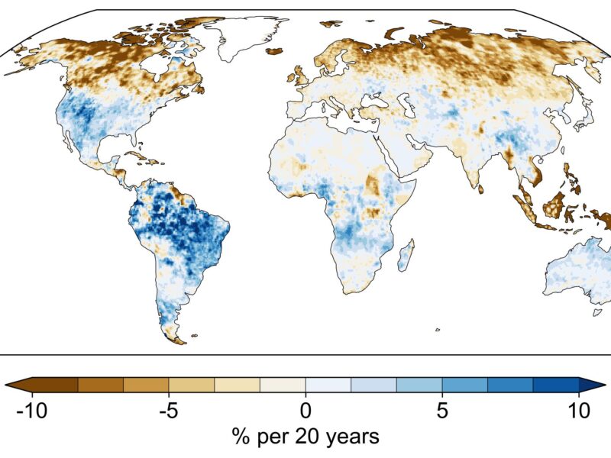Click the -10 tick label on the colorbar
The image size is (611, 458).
pos(32,410)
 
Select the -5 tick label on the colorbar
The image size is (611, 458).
pos(169,410)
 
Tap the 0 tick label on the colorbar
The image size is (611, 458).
pos(306,410)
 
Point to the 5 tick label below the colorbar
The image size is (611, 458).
pos(442,410)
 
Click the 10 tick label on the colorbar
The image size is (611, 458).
pos(579,410)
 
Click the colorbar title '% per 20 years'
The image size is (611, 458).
pos(306,436)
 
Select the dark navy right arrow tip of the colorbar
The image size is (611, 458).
pos(593,385)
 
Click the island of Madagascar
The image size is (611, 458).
pos(406,255)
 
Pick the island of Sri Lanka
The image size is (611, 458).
pos(481,189)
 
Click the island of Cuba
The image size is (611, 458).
pos(144,157)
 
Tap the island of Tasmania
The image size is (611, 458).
pos(597,312)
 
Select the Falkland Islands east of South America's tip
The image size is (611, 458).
pos(195,335)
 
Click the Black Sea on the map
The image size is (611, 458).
pos(373,102)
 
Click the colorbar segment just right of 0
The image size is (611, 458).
pos(328,385)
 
